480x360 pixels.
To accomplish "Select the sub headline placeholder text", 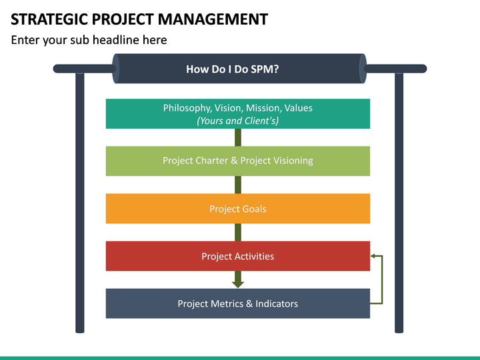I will (x=89, y=40).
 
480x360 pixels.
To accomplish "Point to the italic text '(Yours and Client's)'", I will (x=237, y=121).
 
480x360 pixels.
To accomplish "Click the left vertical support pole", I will (x=80, y=200).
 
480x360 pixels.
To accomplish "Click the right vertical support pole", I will (x=399, y=200).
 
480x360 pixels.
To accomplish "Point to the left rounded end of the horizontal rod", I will (x=57, y=69).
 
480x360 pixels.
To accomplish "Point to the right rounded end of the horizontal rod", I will (x=423, y=69).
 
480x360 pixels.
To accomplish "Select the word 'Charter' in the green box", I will (x=212, y=161).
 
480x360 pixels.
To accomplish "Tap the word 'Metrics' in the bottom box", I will (x=227, y=303).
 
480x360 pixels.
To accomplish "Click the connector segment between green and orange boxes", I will (x=238, y=185).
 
